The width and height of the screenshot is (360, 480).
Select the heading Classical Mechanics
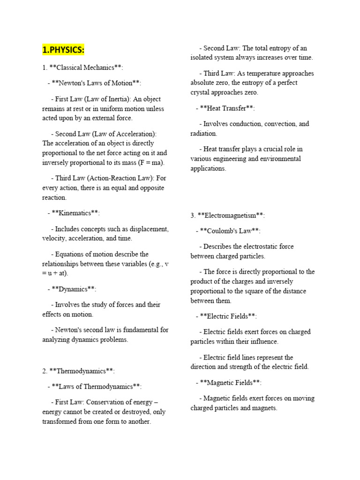pyautogui.click(x=82, y=67)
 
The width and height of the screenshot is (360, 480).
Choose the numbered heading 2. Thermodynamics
pyautogui.click(x=78, y=371)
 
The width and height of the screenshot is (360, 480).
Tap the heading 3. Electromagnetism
pyautogui.click(x=227, y=215)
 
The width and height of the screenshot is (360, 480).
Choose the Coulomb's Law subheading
pyautogui.click(x=228, y=231)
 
